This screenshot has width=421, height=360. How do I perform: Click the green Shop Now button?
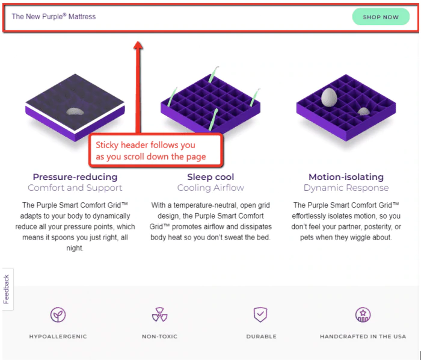(x=381, y=17)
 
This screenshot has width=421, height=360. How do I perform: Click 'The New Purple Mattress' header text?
(x=54, y=16)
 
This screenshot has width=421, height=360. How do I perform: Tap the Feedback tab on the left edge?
(x=7, y=289)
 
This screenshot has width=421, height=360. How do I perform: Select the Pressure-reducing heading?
(x=75, y=177)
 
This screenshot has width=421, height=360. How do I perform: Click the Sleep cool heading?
(x=210, y=177)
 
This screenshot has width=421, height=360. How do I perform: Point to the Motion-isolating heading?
(x=346, y=177)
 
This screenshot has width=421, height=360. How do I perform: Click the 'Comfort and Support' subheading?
(x=75, y=187)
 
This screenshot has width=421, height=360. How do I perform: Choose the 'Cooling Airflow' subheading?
(x=210, y=187)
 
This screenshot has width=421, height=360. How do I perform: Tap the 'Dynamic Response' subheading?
(x=346, y=187)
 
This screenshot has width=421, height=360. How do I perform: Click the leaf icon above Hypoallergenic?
(x=58, y=315)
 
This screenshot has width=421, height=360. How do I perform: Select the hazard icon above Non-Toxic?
(x=160, y=315)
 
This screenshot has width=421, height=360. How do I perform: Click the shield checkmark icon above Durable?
(x=260, y=315)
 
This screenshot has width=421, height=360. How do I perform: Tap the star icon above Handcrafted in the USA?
(x=363, y=315)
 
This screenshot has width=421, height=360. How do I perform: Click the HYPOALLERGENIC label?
(x=58, y=337)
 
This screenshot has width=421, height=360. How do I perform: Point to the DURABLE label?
(x=261, y=337)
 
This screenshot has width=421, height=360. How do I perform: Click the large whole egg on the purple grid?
(x=329, y=98)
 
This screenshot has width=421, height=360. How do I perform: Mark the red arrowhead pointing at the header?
(x=138, y=45)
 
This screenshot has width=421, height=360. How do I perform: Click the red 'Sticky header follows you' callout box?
(x=156, y=151)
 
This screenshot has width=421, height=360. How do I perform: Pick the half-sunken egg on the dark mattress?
(x=75, y=111)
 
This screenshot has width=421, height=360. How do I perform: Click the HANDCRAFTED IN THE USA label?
(x=363, y=337)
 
